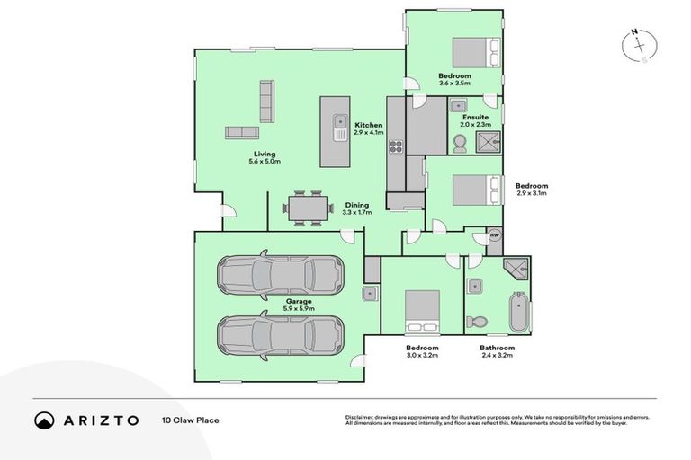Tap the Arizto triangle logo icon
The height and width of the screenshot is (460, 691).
pyautogui.click(x=44, y=420)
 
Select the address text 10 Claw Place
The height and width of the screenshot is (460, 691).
pyautogui.click(x=190, y=420)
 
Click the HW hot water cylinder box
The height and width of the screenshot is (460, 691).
pyautogui.click(x=494, y=235)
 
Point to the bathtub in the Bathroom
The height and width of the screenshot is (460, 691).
pyautogui.click(x=519, y=313)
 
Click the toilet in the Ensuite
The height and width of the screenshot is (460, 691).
pyautogui.click(x=462, y=142)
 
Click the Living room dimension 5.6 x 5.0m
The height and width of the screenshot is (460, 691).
pyautogui.click(x=265, y=163)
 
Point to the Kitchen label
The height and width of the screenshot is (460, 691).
pyautogui.click(x=368, y=125)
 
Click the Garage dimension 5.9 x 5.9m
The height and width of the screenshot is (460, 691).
pyautogui.click(x=300, y=308)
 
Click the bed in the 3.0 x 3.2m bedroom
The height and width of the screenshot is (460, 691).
pyautogui.click(x=421, y=310)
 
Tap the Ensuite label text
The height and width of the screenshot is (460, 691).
pyautogui.click(x=475, y=117)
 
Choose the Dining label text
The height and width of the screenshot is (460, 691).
pyautogui.click(x=355, y=205)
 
